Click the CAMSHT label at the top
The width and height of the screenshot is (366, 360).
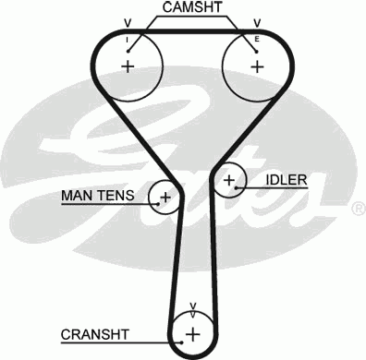[x=192, y=8]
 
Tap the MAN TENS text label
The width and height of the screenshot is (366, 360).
[x=98, y=196]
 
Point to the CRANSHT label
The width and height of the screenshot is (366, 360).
[x=95, y=333]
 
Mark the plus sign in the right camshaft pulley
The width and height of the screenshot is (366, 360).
[x=256, y=66]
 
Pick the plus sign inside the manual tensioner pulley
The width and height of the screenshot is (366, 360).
[x=165, y=197]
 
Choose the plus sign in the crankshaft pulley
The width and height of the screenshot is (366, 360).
[x=192, y=333]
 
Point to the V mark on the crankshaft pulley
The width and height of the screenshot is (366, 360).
[x=192, y=306]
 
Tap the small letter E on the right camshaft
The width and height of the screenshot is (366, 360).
[x=257, y=42]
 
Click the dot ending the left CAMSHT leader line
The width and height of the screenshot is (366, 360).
[x=129, y=51]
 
